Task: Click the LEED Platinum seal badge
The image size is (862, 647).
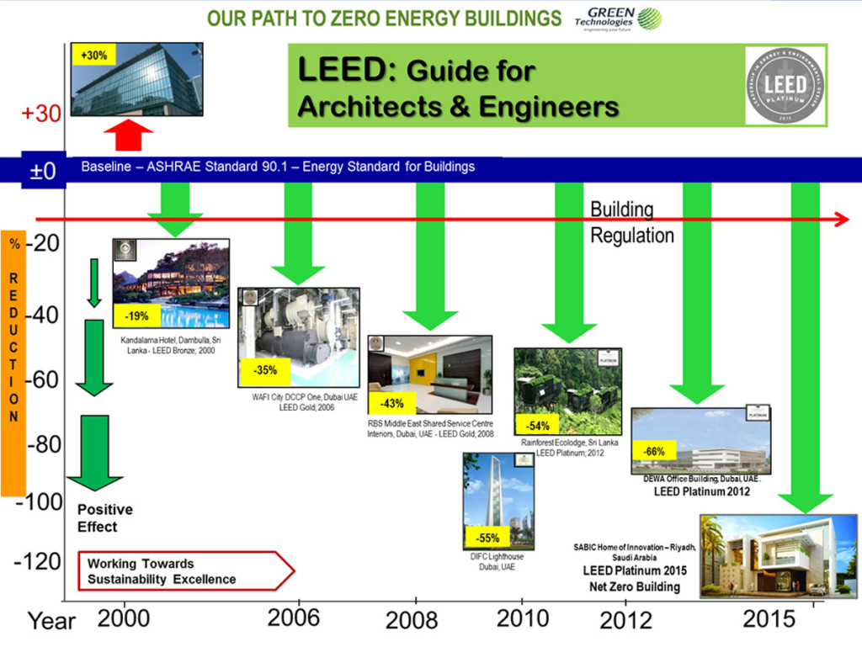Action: click(x=785, y=86)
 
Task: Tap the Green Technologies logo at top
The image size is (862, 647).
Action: click(x=617, y=18)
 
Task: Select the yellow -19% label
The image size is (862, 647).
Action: click(x=136, y=316)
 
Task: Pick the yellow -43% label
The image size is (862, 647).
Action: click(x=391, y=403)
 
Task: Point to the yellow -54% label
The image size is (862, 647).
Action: click(x=538, y=426)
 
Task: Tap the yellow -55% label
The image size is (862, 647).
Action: click(x=487, y=538)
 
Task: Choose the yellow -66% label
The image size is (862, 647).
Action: click(x=654, y=452)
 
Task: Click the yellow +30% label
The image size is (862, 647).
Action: click(x=93, y=56)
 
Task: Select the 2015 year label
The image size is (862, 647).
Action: click(x=769, y=619)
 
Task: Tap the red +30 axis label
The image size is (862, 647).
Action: click(x=40, y=114)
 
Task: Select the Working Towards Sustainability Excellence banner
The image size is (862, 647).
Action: click(x=185, y=571)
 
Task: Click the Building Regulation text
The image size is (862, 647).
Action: click(x=631, y=223)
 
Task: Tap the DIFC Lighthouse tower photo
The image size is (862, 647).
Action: click(x=498, y=501)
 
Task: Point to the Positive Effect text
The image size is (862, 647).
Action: click(x=105, y=518)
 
